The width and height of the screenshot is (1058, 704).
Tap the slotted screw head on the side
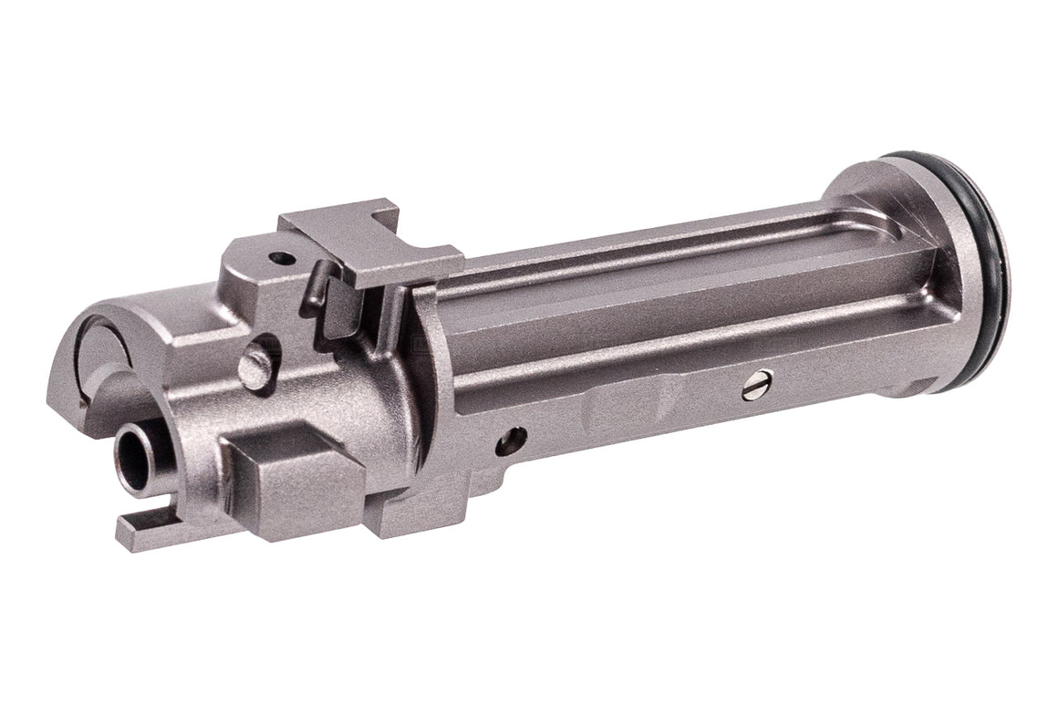756,385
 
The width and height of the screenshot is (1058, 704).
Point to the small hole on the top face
283,258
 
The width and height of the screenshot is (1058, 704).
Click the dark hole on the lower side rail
510,441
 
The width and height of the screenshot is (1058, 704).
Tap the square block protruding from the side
292,479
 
